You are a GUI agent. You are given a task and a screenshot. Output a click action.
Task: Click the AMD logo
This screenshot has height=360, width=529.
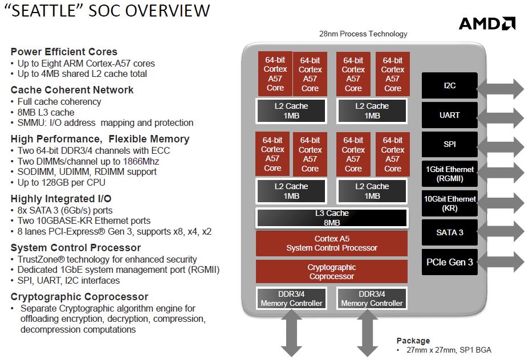point(487,23)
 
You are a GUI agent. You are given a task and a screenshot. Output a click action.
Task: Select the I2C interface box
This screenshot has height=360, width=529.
point(449,85)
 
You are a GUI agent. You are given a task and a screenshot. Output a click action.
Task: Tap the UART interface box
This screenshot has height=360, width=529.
point(449,115)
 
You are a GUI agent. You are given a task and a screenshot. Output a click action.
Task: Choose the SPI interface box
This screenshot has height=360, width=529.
point(449,145)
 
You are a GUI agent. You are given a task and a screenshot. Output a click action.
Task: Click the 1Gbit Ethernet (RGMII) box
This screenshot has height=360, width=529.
point(449,174)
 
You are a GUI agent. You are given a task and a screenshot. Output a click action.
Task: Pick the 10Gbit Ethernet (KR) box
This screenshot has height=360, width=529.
point(449,203)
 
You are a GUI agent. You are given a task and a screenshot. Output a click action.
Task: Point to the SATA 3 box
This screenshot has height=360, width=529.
point(449,232)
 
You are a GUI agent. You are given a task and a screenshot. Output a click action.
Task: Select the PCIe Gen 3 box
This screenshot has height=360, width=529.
point(449,262)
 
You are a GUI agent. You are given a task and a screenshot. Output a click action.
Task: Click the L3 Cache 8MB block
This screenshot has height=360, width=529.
point(332,218)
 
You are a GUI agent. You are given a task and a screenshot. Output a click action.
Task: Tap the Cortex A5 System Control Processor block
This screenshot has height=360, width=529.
point(332,243)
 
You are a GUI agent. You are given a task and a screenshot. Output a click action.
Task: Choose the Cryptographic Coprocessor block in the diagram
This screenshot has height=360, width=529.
point(332,272)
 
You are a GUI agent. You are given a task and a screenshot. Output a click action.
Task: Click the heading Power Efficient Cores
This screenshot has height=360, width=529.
point(64,52)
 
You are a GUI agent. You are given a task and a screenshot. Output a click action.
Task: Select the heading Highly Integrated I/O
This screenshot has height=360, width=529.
point(61,199)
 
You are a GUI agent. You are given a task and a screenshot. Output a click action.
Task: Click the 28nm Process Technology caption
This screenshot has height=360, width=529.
point(363,34)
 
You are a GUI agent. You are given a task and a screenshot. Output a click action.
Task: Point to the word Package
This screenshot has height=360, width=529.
point(413,341)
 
